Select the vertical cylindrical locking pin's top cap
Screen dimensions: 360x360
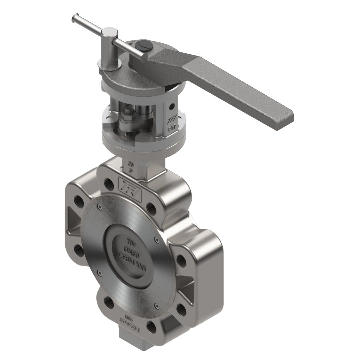pyautogui.click(x=110, y=32)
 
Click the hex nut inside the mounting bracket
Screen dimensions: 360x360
pyautogui.click(x=128, y=118)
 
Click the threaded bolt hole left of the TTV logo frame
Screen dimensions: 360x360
pyautogui.click(x=109, y=183)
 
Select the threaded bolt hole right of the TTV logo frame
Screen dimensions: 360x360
pyautogui.click(x=151, y=208)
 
